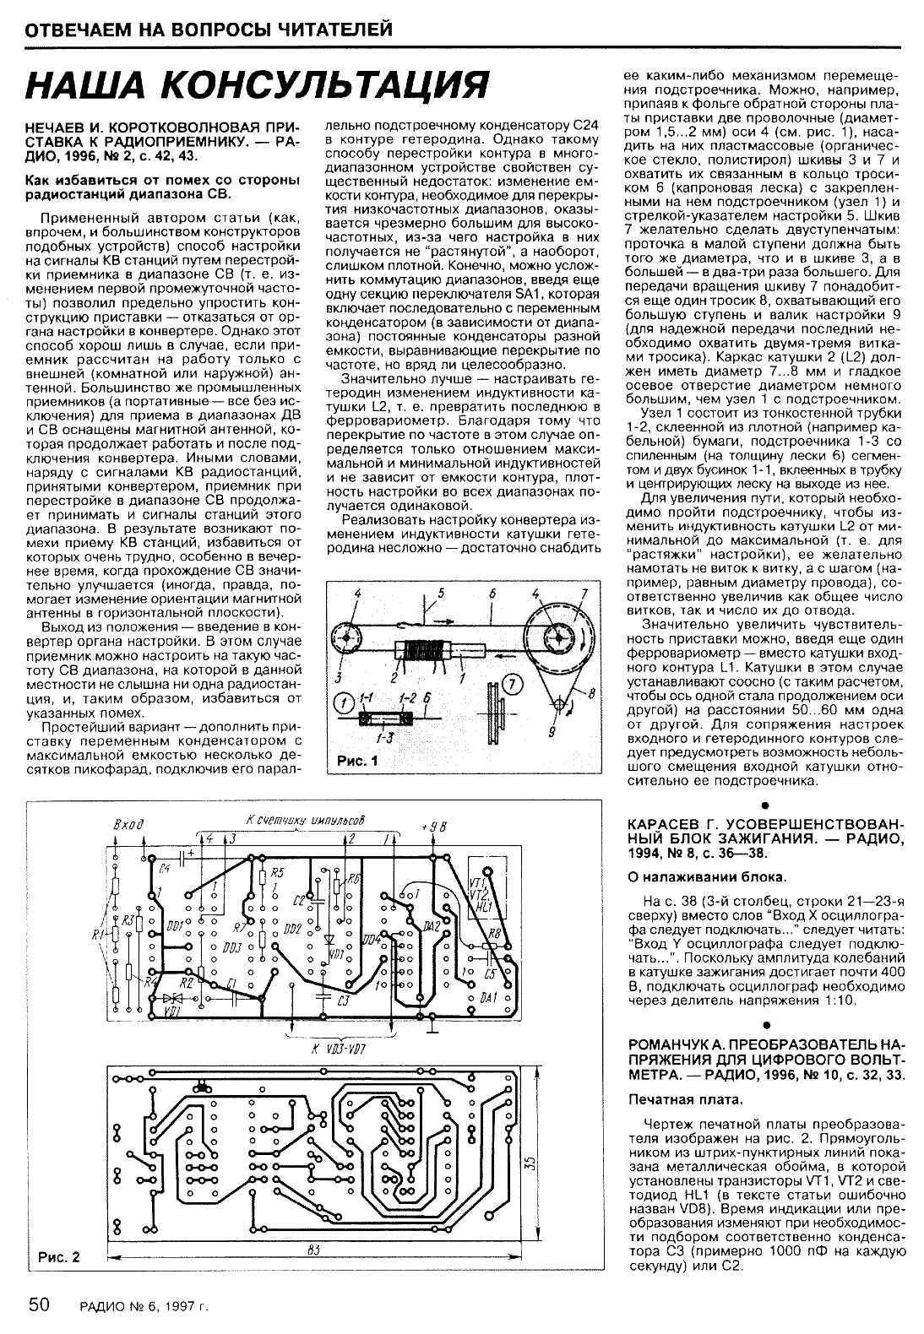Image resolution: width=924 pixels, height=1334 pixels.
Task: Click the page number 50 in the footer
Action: point(41,1305)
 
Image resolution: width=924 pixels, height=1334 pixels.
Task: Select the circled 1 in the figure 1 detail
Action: point(343,701)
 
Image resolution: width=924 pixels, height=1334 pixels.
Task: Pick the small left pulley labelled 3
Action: point(346,636)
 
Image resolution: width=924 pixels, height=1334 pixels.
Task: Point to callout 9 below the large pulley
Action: point(552,731)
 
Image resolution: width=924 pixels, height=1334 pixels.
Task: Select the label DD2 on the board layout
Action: point(293,929)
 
